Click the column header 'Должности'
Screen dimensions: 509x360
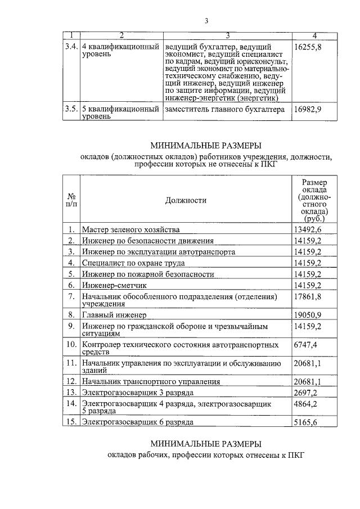186,200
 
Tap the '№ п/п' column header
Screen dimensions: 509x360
71,200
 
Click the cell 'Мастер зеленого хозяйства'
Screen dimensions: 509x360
130,229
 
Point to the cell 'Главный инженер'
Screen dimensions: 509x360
114,314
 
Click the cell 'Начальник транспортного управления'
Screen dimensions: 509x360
149,381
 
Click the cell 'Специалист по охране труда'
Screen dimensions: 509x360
133,263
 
